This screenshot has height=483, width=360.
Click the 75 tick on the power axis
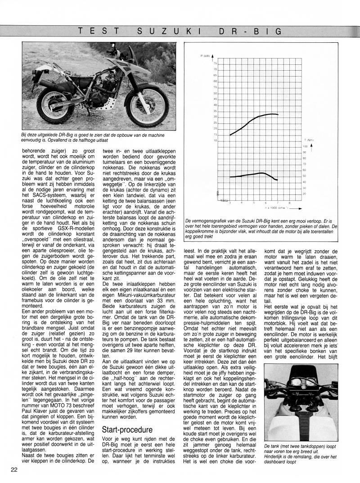tap(215, 63)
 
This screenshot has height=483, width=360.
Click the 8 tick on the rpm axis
tap(289, 203)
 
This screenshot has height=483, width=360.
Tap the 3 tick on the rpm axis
tap(230, 203)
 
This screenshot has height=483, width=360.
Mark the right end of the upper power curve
tap(278, 114)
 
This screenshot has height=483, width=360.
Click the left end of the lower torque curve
tap(230, 177)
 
